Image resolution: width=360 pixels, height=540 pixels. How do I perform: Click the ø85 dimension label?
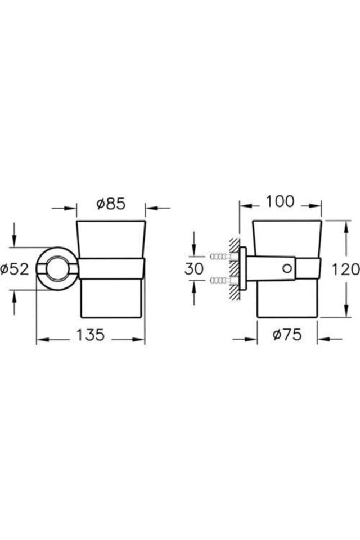(110, 204)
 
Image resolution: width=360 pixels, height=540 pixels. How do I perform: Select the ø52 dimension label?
(15, 269)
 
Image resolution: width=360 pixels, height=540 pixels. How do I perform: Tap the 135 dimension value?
(91, 335)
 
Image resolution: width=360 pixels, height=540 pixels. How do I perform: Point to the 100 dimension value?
(280, 201)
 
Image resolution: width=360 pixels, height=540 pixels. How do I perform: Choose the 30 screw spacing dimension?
(194, 268)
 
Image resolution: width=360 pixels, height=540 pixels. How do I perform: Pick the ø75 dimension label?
(287, 335)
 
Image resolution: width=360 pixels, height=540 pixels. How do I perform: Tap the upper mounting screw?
(219, 256)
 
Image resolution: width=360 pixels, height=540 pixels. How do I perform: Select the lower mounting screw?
(219, 280)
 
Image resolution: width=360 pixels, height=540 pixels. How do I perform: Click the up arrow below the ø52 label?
(15, 295)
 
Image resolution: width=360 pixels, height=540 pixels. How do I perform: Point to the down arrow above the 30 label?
(194, 250)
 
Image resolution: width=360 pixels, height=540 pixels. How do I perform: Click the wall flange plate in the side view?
(242, 268)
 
